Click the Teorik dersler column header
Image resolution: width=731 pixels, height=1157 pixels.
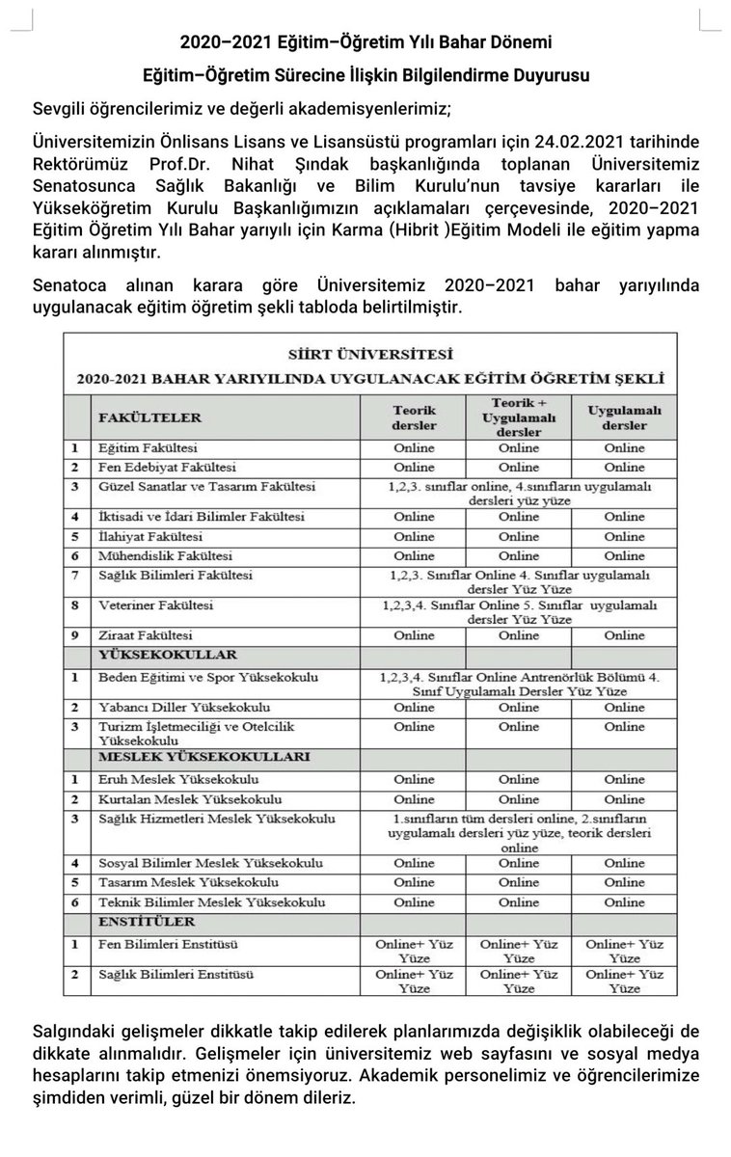tap(414, 417)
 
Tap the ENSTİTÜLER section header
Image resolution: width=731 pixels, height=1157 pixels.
tap(142, 923)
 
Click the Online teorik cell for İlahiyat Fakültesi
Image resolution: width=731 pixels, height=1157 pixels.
tap(414, 536)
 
